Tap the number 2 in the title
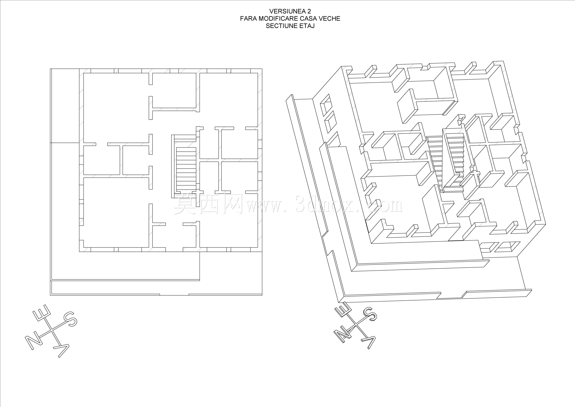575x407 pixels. click(x=309, y=11)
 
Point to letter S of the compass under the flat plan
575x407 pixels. click(x=70, y=319)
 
